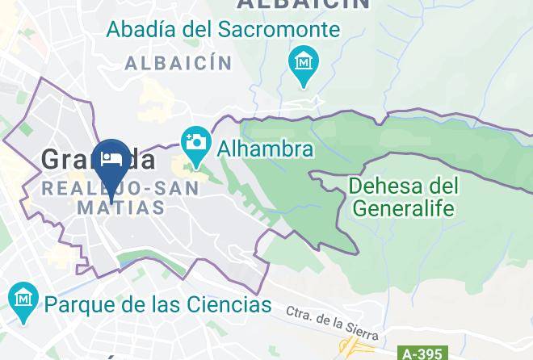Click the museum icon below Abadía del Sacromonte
click(x=304, y=64)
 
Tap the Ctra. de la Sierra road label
click(x=331, y=322)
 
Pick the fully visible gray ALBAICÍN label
click(x=178, y=63)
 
